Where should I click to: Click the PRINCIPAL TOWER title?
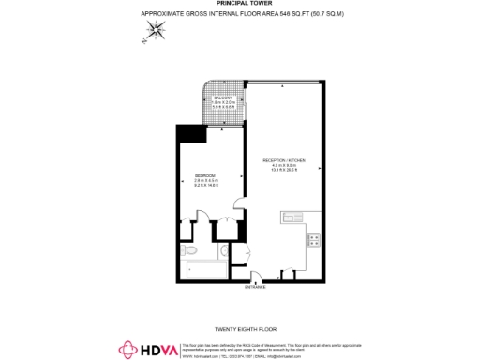tap(239, 4)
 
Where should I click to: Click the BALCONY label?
tap(221, 97)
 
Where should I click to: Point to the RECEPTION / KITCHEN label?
tap(284, 160)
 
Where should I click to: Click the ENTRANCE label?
tap(256, 287)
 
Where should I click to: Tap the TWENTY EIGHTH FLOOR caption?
tap(240, 329)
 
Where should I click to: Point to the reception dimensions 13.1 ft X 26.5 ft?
tap(284, 172)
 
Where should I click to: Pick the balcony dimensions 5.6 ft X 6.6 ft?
tap(221, 108)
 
